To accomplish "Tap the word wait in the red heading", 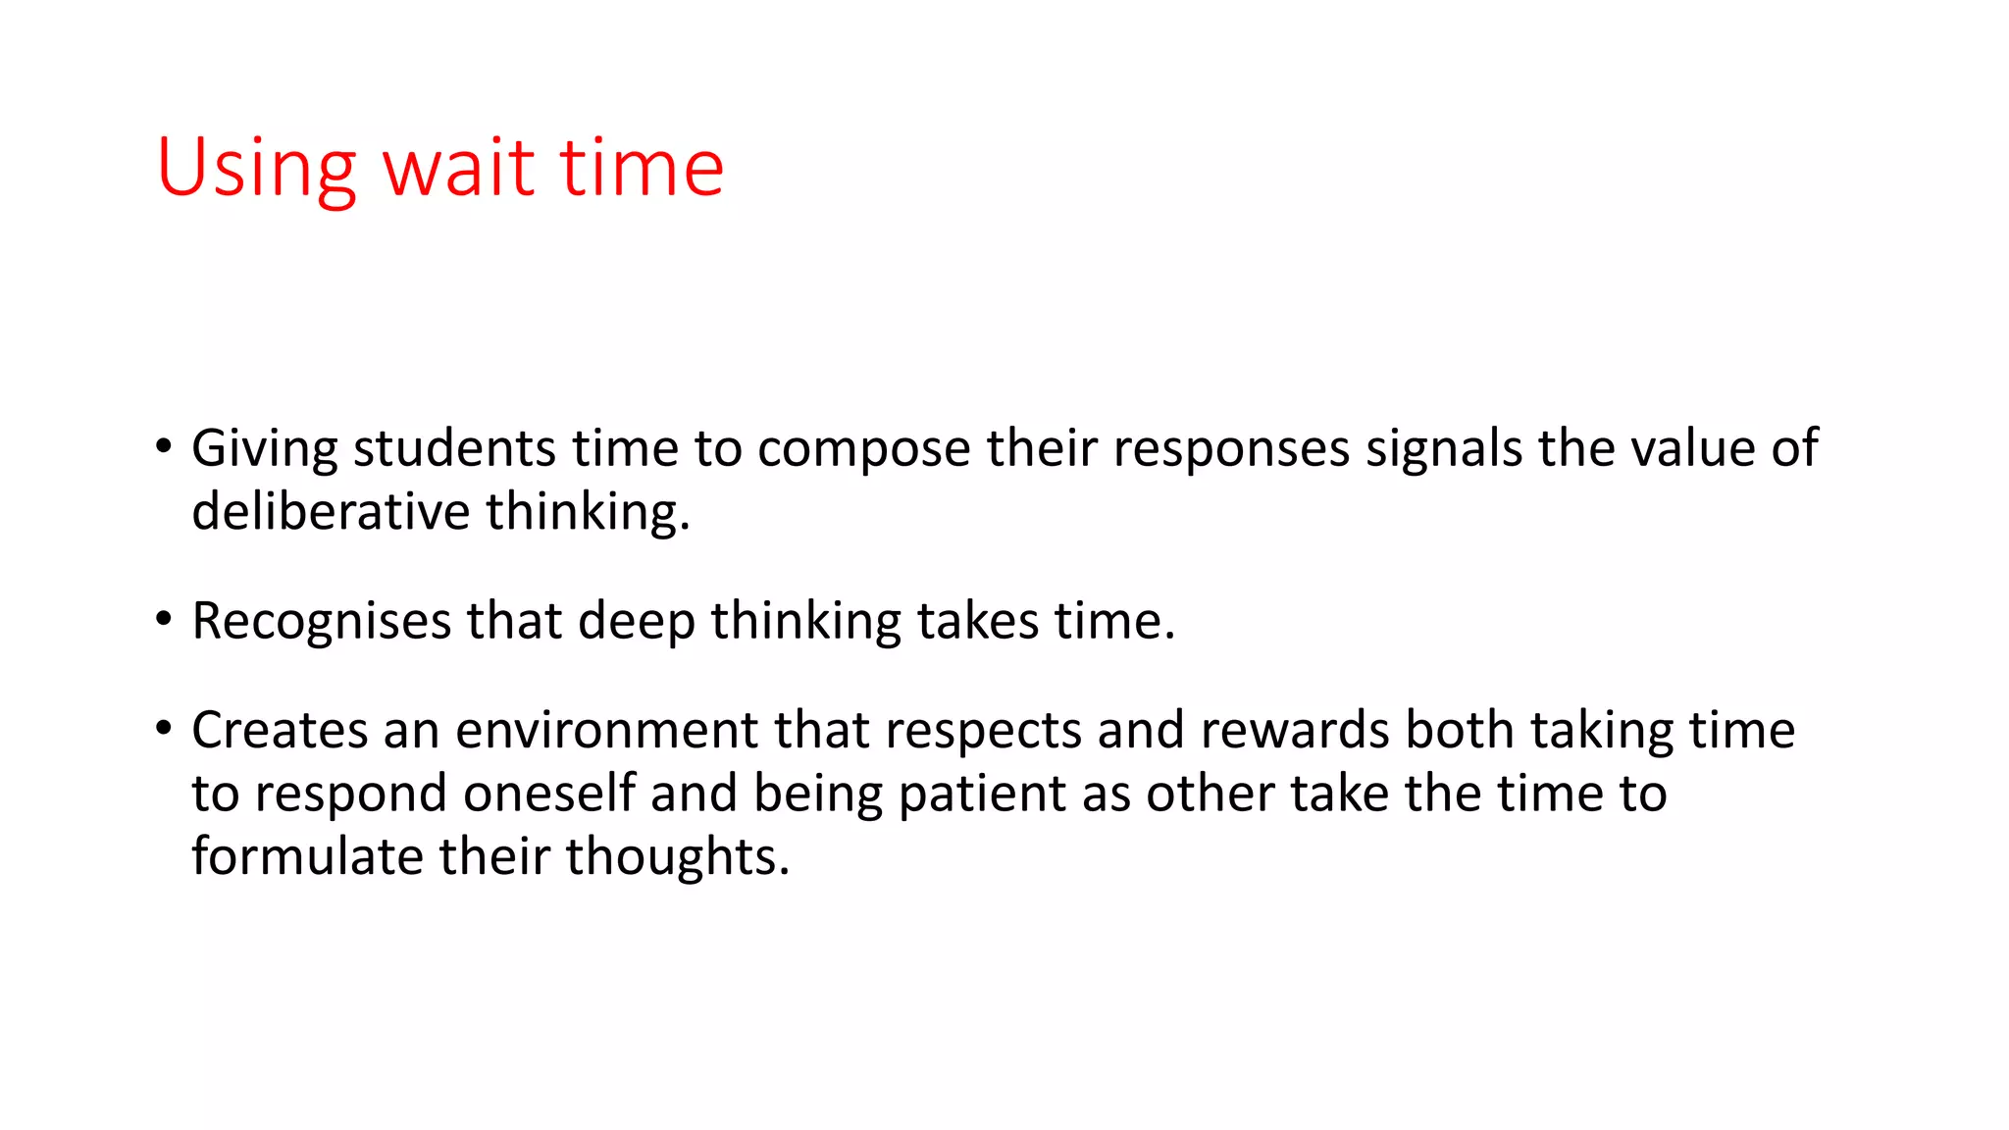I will point(457,169).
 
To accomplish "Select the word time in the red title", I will point(642,169).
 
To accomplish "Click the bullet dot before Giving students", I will point(164,447).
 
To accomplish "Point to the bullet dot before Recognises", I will point(164,620).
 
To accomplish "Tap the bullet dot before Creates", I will point(164,729).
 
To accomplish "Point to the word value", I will point(1692,448).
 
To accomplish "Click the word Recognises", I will point(321,622).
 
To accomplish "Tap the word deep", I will point(636,622).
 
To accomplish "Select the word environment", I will point(606,731).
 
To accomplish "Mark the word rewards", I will point(1294,731).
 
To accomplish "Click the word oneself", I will point(548,794).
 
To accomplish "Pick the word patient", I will point(982,796).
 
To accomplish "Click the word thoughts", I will point(677,858).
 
